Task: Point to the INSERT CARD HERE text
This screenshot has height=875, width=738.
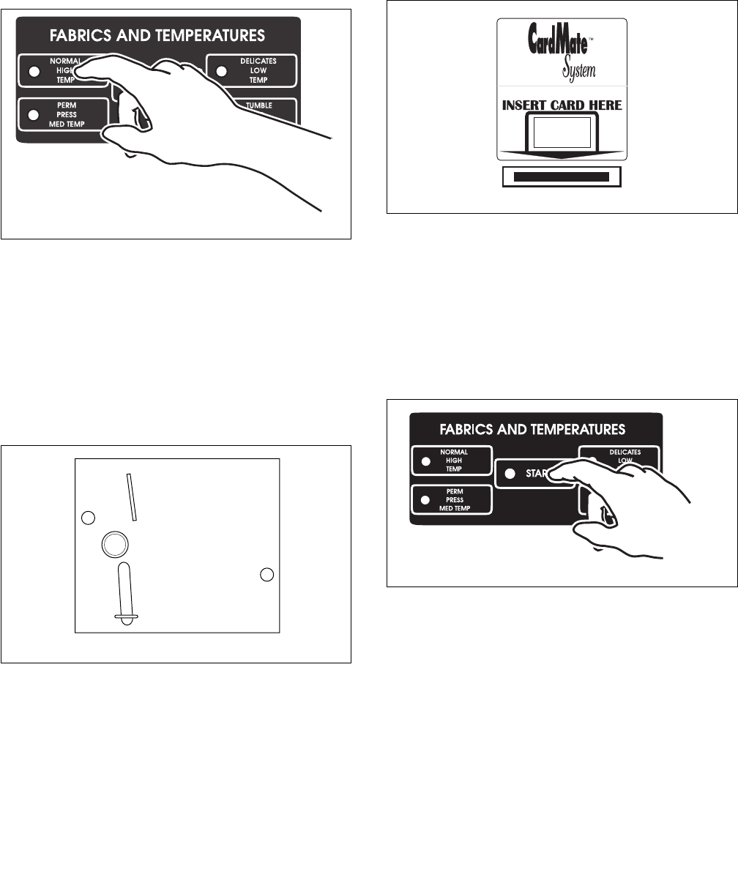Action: click(x=562, y=105)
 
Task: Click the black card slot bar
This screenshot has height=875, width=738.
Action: click(x=561, y=176)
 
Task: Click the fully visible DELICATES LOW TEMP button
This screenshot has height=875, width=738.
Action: click(x=251, y=71)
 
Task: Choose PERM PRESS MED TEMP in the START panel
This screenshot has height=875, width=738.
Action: click(x=451, y=499)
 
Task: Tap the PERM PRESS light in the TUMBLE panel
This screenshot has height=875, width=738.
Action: click(x=33, y=115)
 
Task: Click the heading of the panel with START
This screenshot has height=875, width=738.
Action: click(x=535, y=428)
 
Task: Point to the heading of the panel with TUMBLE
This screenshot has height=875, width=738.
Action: click(x=158, y=35)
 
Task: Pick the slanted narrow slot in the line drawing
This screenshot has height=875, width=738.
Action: click(x=131, y=496)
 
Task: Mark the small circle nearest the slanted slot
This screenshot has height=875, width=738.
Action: click(x=88, y=518)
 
